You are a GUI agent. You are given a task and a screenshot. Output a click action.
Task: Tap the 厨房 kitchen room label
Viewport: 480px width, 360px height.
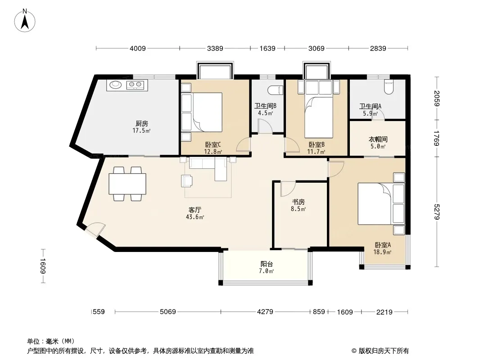(142, 126)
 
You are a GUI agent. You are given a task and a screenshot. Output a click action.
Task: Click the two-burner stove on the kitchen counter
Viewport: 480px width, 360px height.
(136, 84)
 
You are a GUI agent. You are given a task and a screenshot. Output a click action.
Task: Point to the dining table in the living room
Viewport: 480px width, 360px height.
(127, 184)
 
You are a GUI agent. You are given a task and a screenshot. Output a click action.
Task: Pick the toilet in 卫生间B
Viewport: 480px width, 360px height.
(275, 90)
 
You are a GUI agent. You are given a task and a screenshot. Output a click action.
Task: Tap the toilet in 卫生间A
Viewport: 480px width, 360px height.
(388, 86)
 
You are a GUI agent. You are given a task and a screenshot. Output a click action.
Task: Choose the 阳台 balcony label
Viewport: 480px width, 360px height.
(267, 267)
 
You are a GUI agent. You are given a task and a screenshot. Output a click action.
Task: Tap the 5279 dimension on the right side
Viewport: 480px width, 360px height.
(435, 211)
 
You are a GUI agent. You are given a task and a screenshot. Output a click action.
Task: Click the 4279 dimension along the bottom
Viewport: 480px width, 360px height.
(265, 312)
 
